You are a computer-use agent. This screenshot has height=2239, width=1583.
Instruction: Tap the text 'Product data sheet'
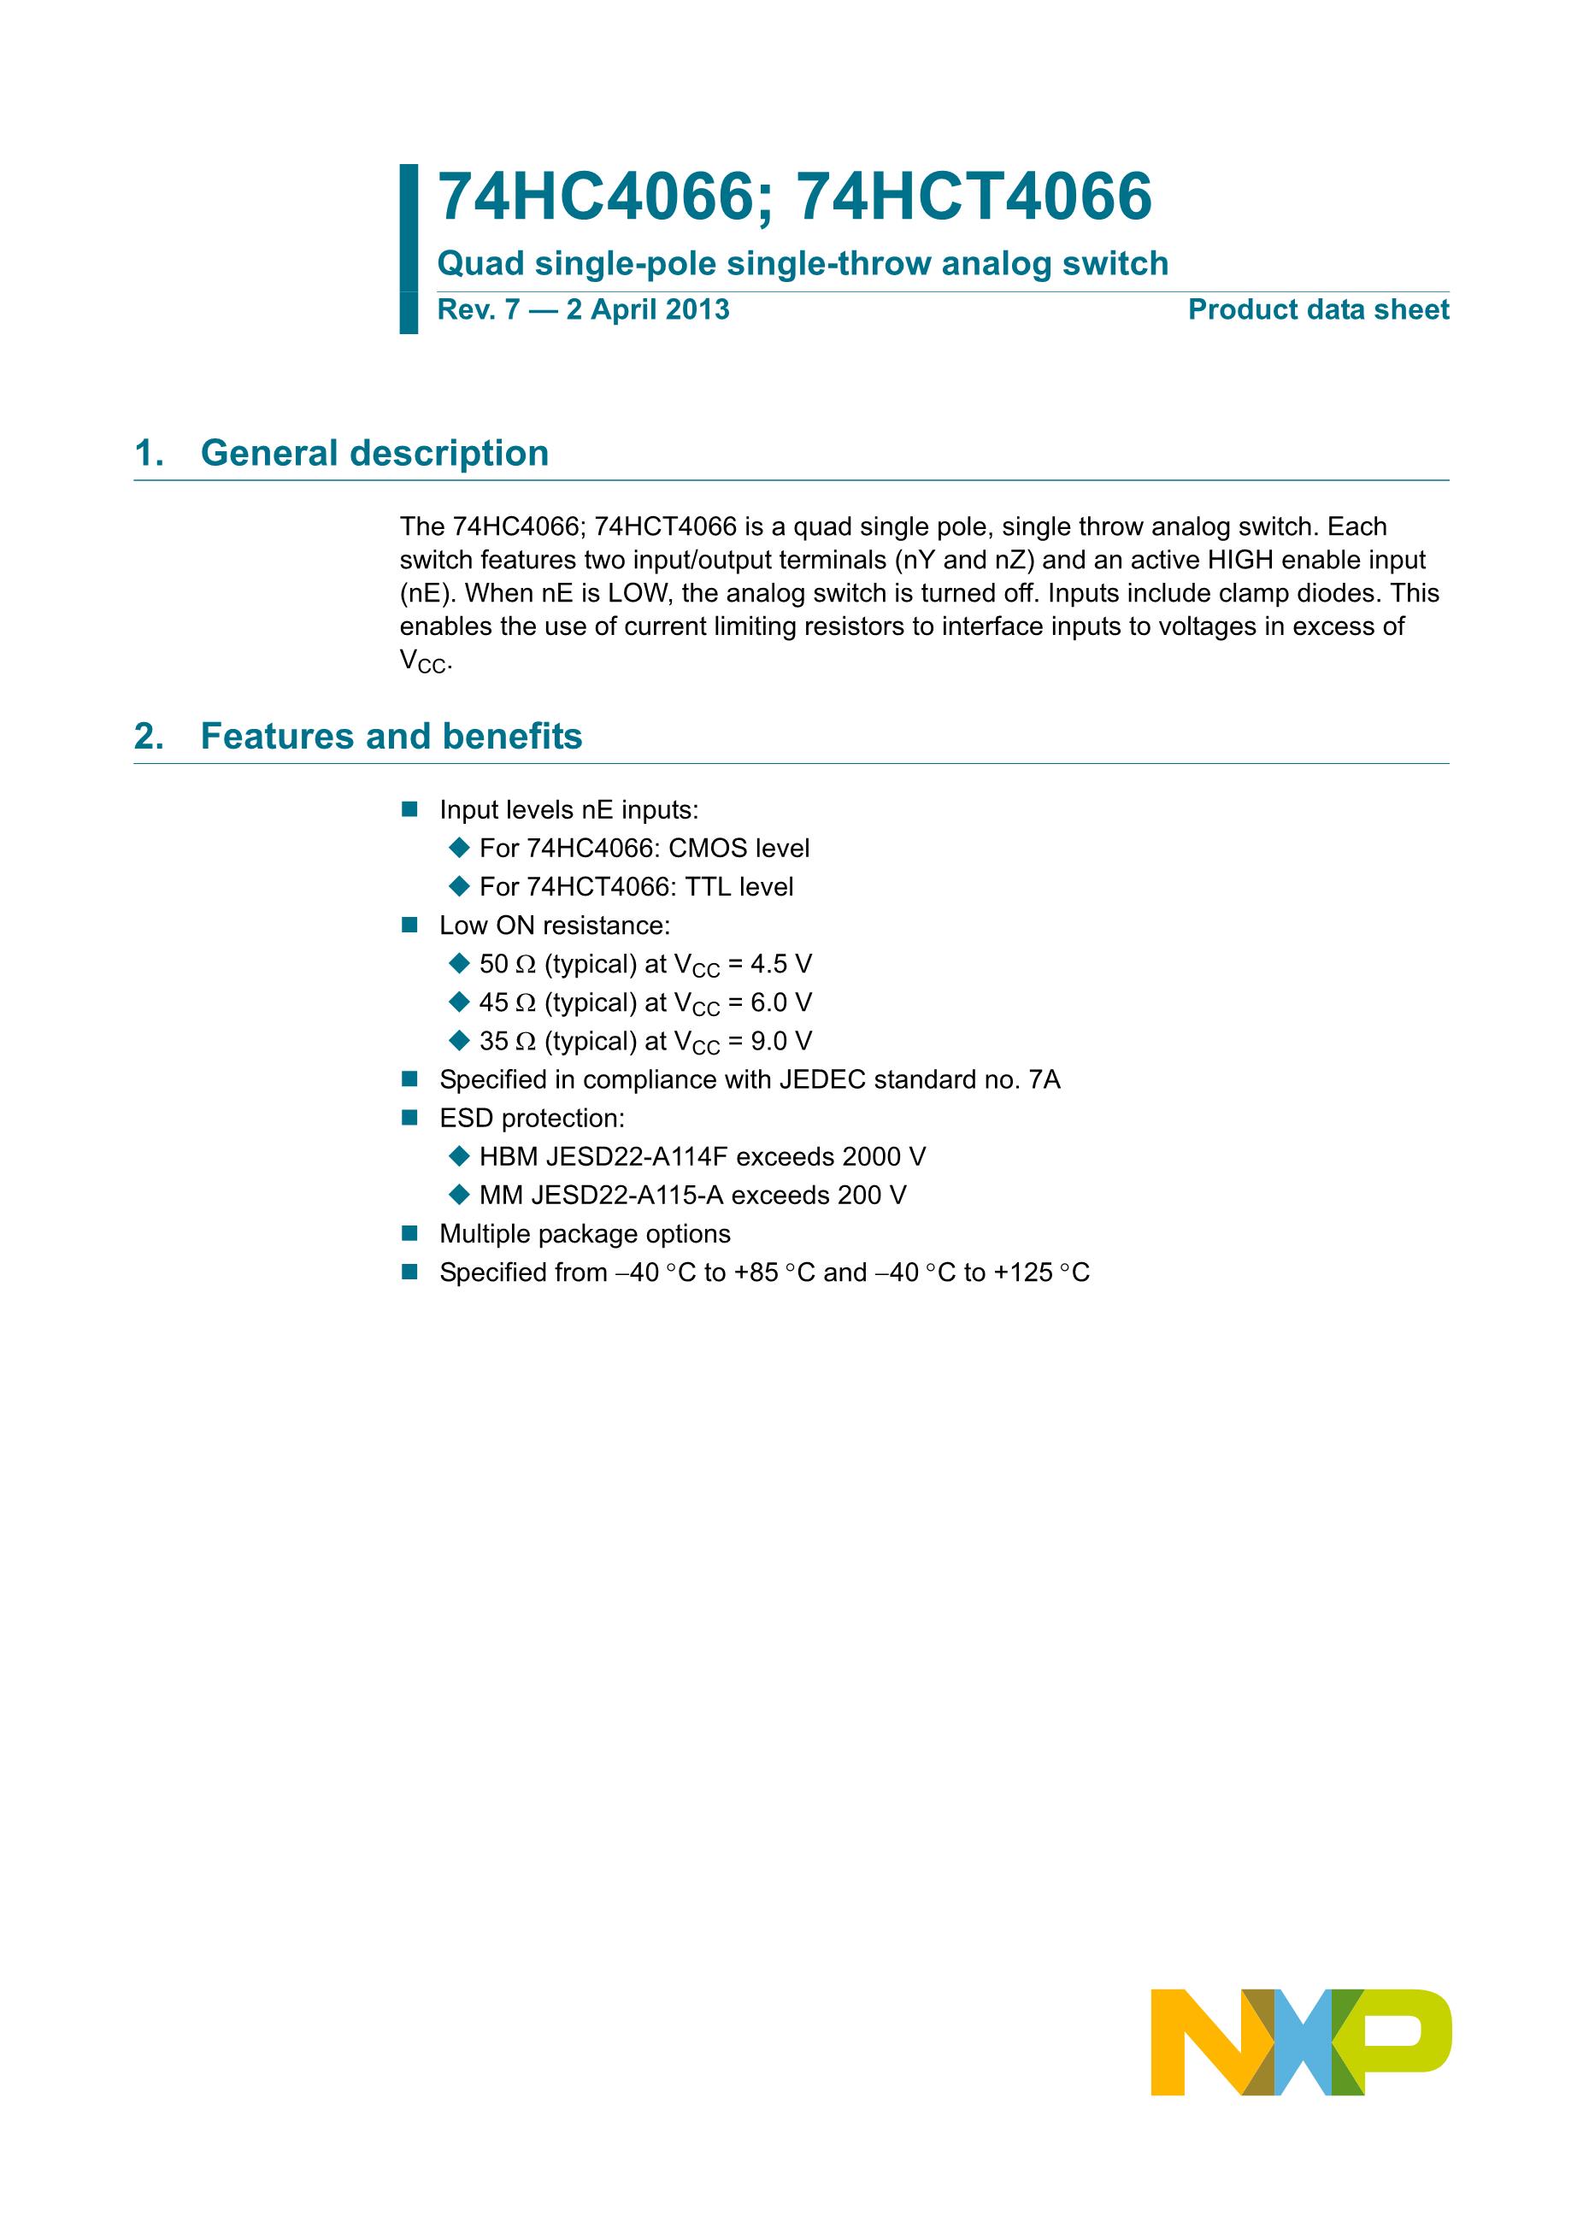[1318, 310]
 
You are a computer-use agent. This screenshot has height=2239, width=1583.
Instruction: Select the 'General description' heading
[374, 454]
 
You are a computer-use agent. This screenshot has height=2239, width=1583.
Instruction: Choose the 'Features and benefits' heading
[391, 737]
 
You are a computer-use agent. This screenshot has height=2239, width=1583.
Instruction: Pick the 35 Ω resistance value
[507, 1042]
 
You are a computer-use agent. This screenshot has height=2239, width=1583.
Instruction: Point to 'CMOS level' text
[739, 849]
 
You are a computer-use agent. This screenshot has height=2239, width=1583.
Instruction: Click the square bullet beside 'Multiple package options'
[409, 1234]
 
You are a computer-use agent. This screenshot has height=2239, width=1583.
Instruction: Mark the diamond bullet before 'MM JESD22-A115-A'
[459, 1195]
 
